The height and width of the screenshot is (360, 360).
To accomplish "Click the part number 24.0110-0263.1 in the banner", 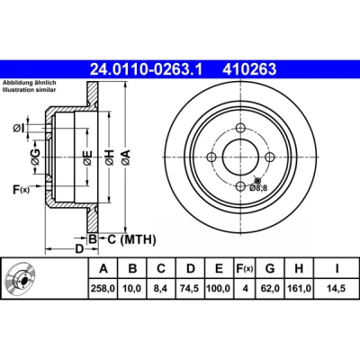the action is point(147,69).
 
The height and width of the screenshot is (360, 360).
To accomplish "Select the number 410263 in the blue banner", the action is point(249,69).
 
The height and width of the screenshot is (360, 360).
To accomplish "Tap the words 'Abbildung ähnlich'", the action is point(30,83).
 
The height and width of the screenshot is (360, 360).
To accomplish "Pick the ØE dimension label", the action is point(87,157).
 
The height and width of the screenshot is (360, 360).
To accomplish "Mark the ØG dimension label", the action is point(36,157).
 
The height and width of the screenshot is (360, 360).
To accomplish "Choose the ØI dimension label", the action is point(18,129).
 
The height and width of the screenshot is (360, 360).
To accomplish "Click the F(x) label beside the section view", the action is point(21,190).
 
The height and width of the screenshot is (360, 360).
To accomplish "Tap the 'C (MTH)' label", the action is point(131,239).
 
